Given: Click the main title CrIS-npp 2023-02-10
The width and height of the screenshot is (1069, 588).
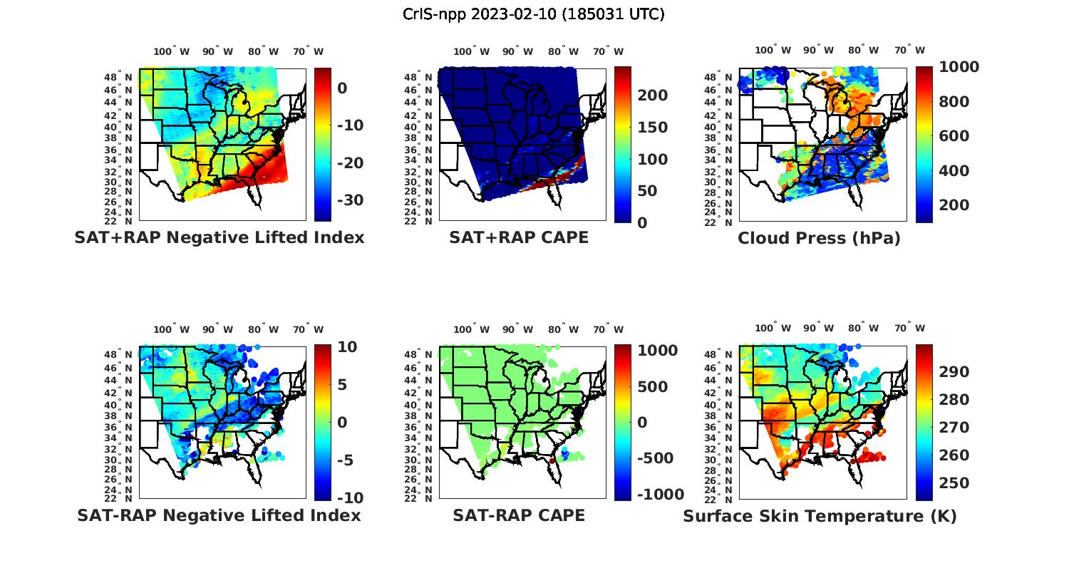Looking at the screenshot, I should [533, 14].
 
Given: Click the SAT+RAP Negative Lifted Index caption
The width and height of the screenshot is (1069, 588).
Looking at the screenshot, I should [220, 237].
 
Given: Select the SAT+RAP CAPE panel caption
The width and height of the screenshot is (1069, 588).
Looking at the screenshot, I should [519, 237].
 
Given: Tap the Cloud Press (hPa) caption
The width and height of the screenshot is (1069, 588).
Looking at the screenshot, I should [819, 238].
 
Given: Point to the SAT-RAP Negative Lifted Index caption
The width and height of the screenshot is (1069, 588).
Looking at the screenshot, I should [220, 515].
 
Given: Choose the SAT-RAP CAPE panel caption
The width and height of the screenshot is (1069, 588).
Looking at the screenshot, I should [519, 515].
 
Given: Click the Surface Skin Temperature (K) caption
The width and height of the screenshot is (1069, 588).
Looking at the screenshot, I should [820, 516].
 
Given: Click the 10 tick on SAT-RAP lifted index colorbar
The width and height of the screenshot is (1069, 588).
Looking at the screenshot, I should [347, 347].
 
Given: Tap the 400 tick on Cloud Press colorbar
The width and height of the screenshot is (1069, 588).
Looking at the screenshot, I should [954, 171].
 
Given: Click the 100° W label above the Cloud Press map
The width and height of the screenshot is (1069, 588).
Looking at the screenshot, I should [773, 50].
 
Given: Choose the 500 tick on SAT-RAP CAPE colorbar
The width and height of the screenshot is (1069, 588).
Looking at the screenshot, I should [652, 387].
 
